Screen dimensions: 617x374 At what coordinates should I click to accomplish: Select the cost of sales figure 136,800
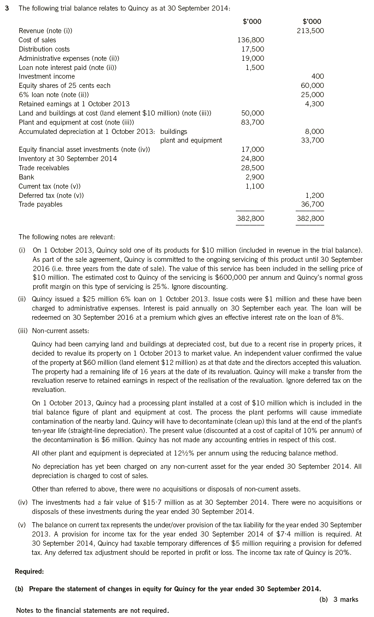click(251, 40)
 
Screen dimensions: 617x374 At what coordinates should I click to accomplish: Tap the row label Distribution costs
click(44, 49)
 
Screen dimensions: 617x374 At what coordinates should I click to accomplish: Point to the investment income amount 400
click(318, 76)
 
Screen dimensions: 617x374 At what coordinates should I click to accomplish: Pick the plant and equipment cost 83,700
click(253, 122)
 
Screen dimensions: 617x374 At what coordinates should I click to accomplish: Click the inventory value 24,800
click(253, 159)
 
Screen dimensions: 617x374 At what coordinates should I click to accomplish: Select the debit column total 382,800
click(251, 219)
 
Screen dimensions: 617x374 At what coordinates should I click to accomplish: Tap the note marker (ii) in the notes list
click(22, 299)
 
